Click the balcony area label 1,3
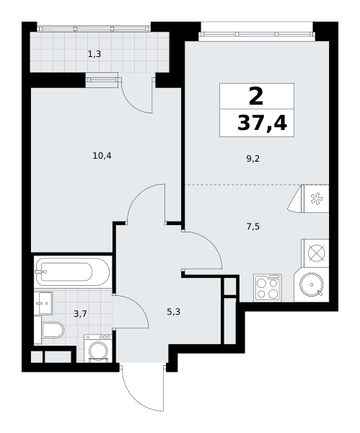pyautogui.click(x=95, y=54)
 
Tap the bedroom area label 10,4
pyautogui.click(x=102, y=156)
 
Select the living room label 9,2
pyautogui.click(x=253, y=159)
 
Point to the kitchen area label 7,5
pyautogui.click(x=253, y=227)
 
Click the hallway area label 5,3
pyautogui.click(x=173, y=312)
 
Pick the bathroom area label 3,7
pyautogui.click(x=80, y=314)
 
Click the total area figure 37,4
pyautogui.click(x=263, y=123)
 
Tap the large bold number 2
pyautogui.click(x=256, y=96)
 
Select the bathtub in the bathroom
pyautogui.click(x=72, y=272)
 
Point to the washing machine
pyautogui.click(x=98, y=349)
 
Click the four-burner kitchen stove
pyautogui.click(x=268, y=287)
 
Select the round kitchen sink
pyautogui.click(x=312, y=285)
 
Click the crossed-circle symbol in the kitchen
pyautogui.click(x=317, y=253)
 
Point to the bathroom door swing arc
pyautogui.click(x=141, y=304)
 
